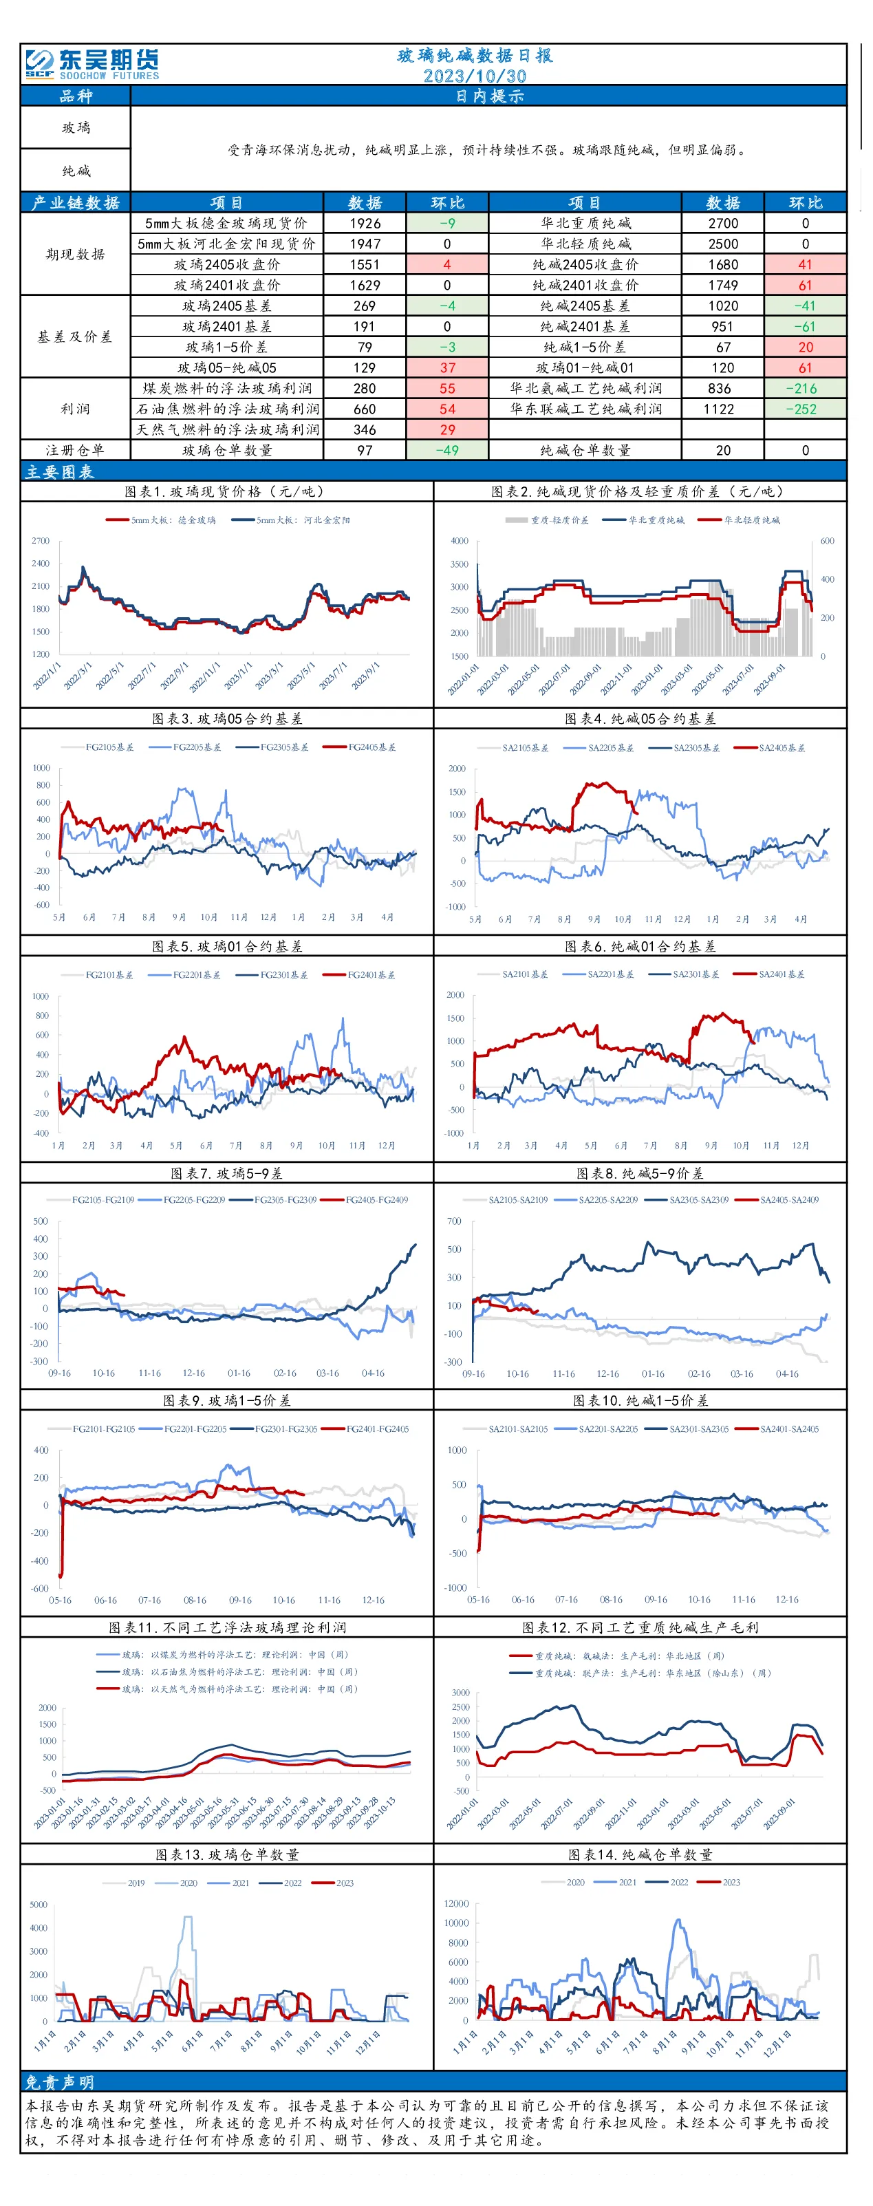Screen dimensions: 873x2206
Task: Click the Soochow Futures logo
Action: (x=91, y=64)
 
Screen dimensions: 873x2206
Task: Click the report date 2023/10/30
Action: (x=475, y=76)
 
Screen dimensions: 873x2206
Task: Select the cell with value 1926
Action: (x=365, y=224)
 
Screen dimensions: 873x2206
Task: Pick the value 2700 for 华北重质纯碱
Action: (x=723, y=224)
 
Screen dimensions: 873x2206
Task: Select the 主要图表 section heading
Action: (x=60, y=472)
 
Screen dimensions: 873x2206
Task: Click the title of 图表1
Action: (x=224, y=491)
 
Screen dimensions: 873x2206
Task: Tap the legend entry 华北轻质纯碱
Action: (x=740, y=520)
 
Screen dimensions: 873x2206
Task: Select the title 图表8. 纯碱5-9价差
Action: (x=640, y=1173)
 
